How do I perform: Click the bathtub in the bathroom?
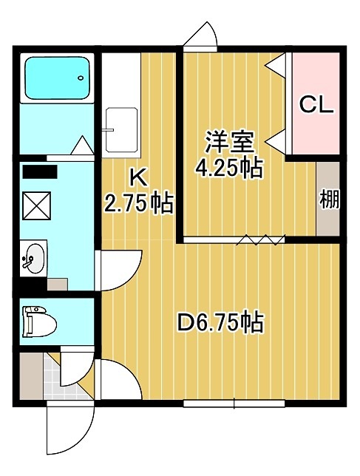pos(57,78)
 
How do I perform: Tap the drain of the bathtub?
pos(81,78)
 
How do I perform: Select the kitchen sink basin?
pos(121,129)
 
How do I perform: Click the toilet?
pos(39,322)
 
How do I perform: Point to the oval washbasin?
pos(34,258)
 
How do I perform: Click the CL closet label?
pos(316,105)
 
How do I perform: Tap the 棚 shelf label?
pos(330,199)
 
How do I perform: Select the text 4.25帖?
pos(228,169)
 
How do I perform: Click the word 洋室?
pos(229,142)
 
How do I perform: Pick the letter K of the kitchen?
pos(138,178)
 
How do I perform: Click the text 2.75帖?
pos(138,203)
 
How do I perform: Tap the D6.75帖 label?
pos(220,322)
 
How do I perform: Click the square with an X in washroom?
pos(37,205)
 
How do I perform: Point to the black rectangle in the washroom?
pos(40,171)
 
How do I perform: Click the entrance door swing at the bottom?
pos(70,427)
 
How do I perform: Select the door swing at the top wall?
pos(200,35)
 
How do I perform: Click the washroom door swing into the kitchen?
pos(118,270)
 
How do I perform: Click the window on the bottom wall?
pos(234,404)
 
